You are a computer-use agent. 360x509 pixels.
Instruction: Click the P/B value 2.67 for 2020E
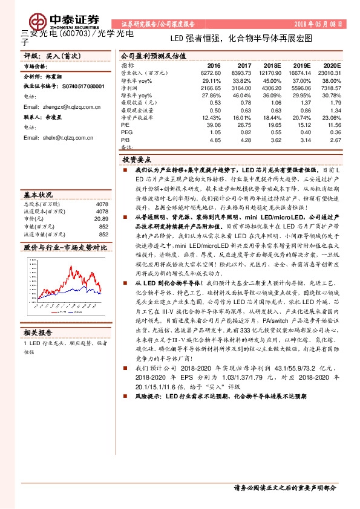[334, 139]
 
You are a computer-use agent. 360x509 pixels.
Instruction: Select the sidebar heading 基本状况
[38, 195]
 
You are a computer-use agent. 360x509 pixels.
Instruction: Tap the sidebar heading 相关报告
[38, 333]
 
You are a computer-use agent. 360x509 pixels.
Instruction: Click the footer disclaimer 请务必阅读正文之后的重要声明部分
[285, 487]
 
